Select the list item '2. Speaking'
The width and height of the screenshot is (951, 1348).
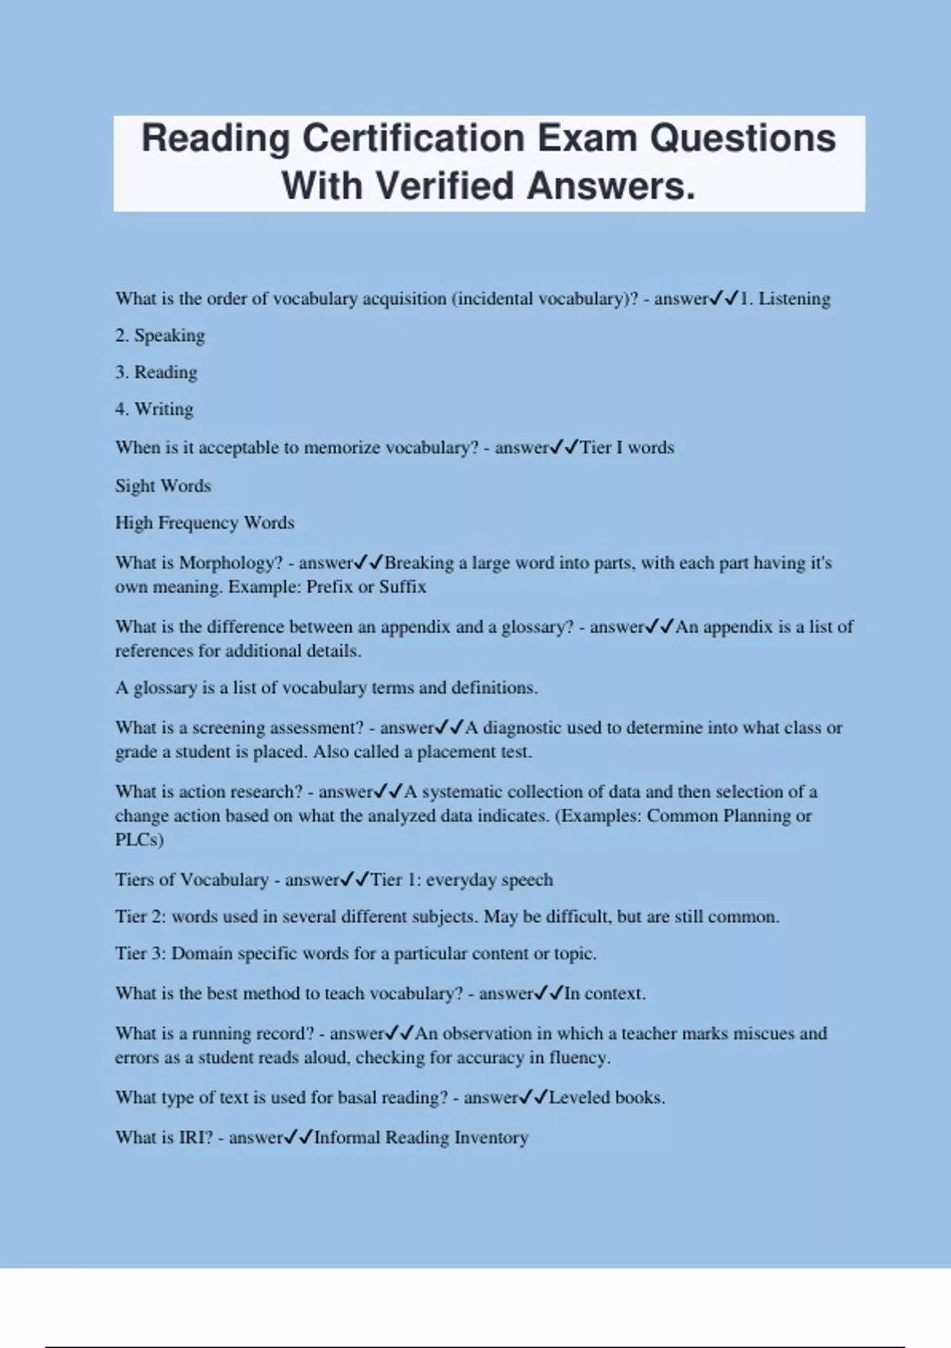pyautogui.click(x=160, y=335)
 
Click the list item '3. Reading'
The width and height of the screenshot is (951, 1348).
pyautogui.click(x=156, y=373)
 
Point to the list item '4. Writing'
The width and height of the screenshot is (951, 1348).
pyautogui.click(x=154, y=409)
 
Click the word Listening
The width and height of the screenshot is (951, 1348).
pyautogui.click(x=794, y=299)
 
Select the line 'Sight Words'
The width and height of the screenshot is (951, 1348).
pyautogui.click(x=163, y=485)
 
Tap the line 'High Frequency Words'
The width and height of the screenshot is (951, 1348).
pyautogui.click(x=204, y=523)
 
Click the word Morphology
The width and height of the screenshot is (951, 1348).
pyautogui.click(x=231, y=563)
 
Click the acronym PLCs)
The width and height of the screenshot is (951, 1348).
pyautogui.click(x=139, y=840)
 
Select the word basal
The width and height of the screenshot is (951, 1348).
pyautogui.click(x=360, y=1097)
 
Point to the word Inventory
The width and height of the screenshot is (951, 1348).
pyautogui.click(x=491, y=1137)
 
